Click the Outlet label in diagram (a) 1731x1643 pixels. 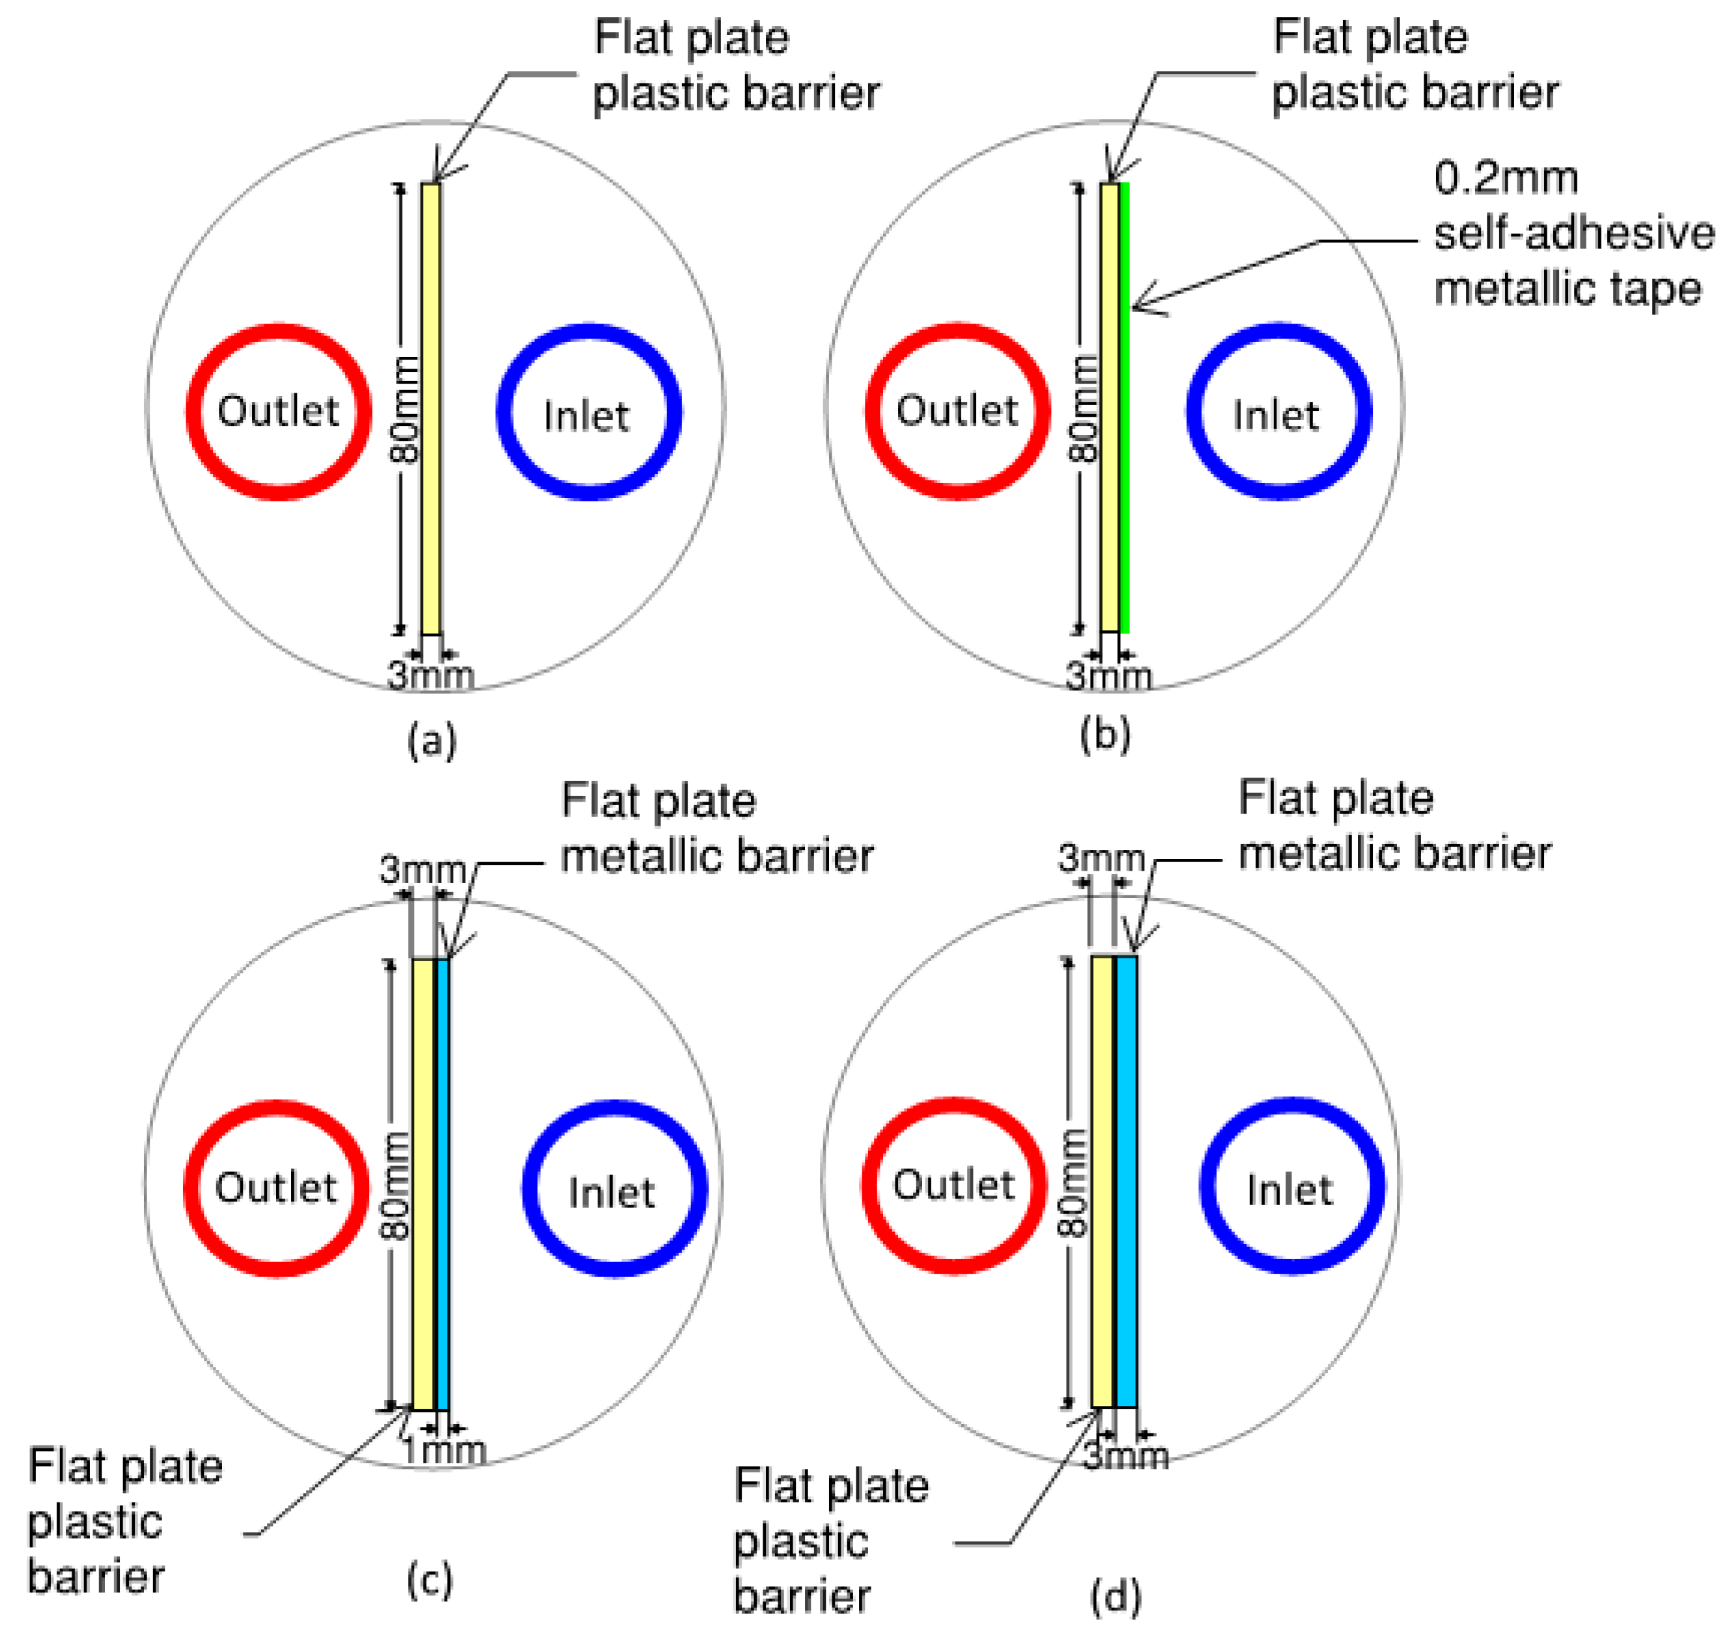[x=277, y=411]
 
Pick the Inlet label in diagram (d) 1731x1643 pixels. [x=1289, y=1190]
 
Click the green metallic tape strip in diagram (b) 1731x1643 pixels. [x=1124, y=407]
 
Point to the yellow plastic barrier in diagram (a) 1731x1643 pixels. [x=430, y=407]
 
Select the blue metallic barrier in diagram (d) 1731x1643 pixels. [x=1126, y=1183]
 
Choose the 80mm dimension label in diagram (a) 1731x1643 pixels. [x=404, y=409]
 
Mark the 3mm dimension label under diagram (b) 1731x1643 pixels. [x=1108, y=676]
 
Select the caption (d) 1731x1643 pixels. [x=1115, y=1595]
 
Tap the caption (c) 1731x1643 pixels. [x=429, y=1580]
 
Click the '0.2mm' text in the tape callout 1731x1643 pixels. [x=1505, y=178]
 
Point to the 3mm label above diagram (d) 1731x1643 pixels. [x=1100, y=858]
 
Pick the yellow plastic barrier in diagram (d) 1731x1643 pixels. [x=1102, y=1183]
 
